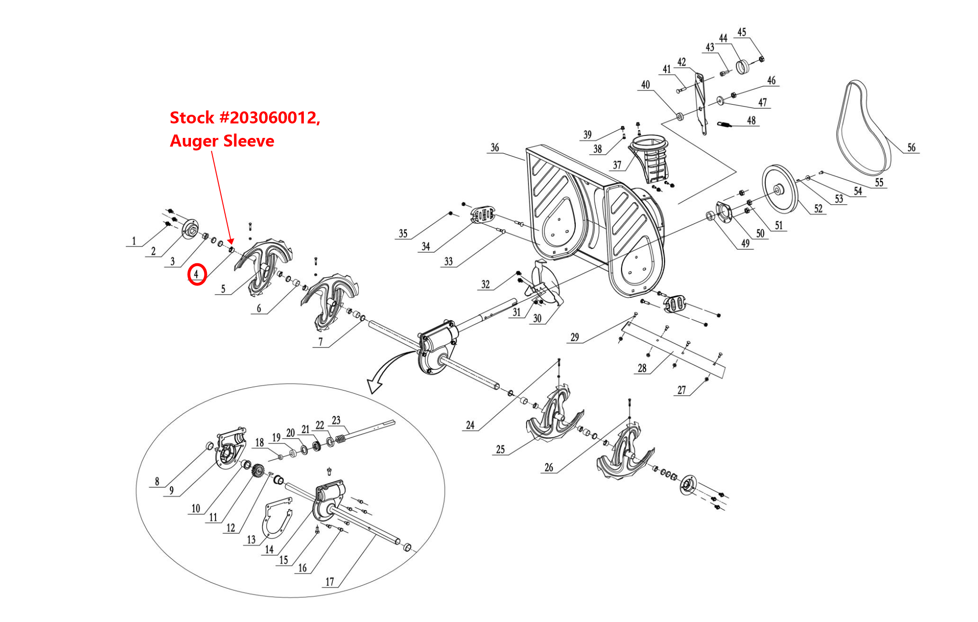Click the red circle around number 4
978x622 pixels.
pyautogui.click(x=197, y=274)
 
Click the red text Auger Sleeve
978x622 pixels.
pyautogui.click(x=222, y=141)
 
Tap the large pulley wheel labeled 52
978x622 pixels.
pyautogui.click(x=780, y=189)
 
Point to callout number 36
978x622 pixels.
pyautogui.click(x=495, y=148)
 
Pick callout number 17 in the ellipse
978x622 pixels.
pyautogui.click(x=329, y=581)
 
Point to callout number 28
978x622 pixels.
pyautogui.click(x=642, y=368)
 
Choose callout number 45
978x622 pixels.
pyautogui.click(x=742, y=32)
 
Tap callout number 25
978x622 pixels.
pyautogui.click(x=501, y=449)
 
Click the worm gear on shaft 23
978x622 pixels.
pyautogui.click(x=340, y=439)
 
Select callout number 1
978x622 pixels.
pyautogui.click(x=134, y=241)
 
